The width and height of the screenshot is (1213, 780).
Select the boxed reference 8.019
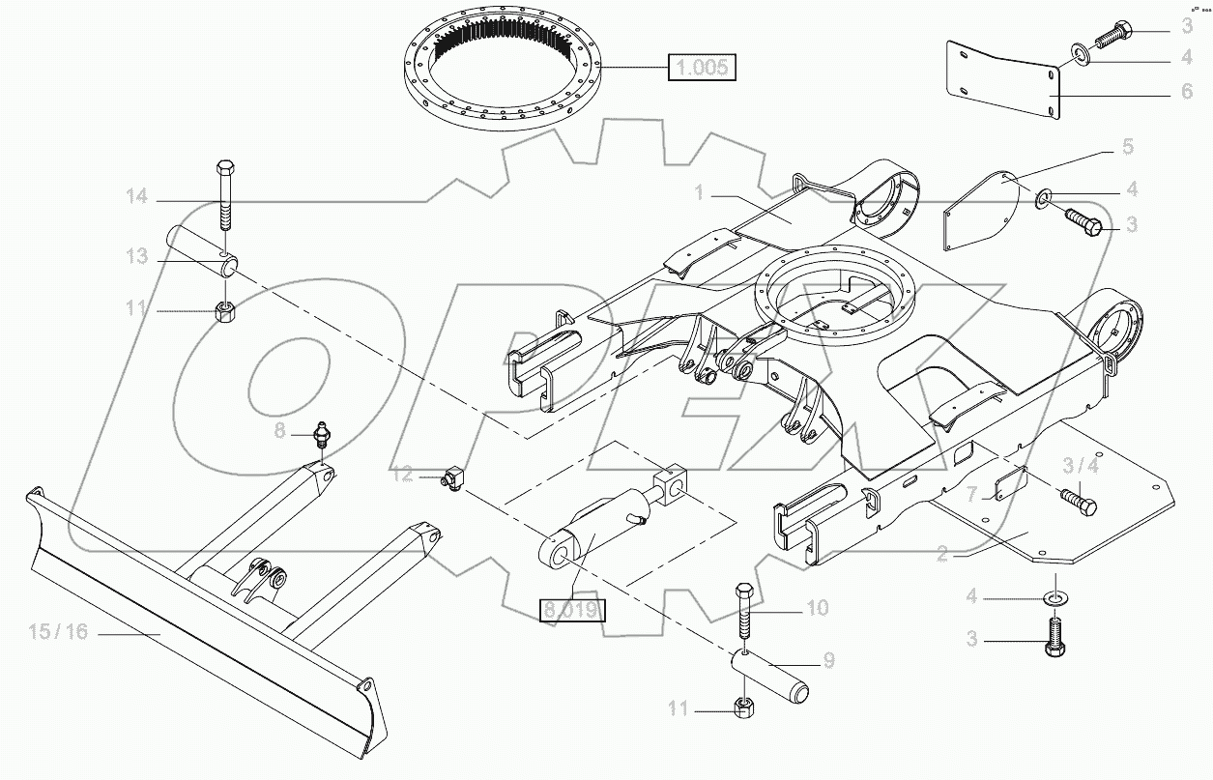(x=571, y=610)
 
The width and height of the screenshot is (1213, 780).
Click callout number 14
(x=136, y=198)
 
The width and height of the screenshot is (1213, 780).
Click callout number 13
(x=136, y=256)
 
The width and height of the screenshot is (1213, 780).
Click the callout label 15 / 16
(x=58, y=632)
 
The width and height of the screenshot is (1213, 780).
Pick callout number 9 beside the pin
(x=828, y=662)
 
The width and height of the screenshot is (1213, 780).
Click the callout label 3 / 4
(x=1081, y=466)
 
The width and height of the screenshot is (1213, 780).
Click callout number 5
(x=1127, y=147)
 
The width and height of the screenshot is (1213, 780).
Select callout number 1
(x=699, y=193)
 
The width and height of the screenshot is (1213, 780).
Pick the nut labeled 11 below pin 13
(x=226, y=312)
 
